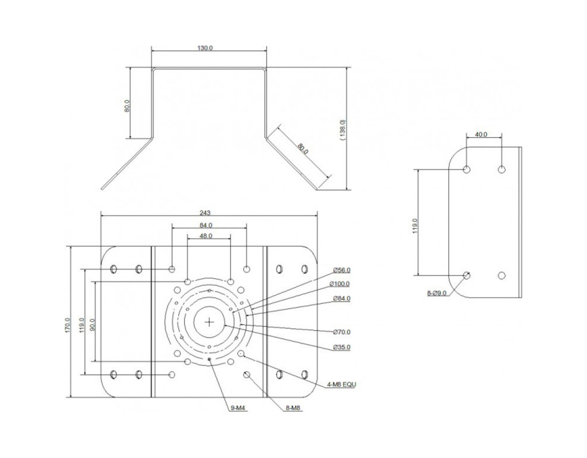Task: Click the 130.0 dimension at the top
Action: (x=205, y=48)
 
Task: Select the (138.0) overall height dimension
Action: (x=343, y=130)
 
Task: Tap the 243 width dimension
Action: (x=205, y=213)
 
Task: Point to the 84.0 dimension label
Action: (x=206, y=225)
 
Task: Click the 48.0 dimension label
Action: (x=206, y=236)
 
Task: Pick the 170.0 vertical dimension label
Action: (x=68, y=325)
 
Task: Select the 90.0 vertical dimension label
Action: (x=92, y=325)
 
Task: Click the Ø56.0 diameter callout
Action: (x=342, y=270)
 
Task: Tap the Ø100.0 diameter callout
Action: (x=340, y=284)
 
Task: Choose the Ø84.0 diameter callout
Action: (x=342, y=298)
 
